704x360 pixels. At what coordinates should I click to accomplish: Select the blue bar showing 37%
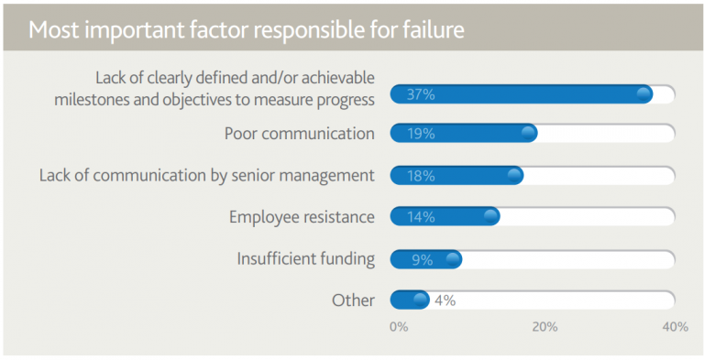(521, 93)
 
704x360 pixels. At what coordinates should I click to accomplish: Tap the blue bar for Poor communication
(463, 134)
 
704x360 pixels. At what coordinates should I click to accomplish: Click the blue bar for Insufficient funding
(425, 259)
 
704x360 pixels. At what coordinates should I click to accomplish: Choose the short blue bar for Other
(409, 300)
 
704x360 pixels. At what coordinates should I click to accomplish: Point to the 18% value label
(421, 176)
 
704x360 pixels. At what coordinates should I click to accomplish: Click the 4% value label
(445, 300)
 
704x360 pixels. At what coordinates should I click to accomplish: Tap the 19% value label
(421, 134)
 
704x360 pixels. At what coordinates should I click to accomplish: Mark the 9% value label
(422, 259)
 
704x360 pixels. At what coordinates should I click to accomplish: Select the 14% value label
(421, 217)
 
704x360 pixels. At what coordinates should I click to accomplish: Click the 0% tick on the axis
(399, 327)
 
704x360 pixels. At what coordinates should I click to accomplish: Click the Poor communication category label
(300, 134)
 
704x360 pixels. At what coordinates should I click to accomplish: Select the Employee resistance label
(302, 217)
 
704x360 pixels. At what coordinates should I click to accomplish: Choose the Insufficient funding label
(305, 258)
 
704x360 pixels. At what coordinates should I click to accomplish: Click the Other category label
(353, 300)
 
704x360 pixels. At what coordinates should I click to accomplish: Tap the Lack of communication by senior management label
(206, 175)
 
